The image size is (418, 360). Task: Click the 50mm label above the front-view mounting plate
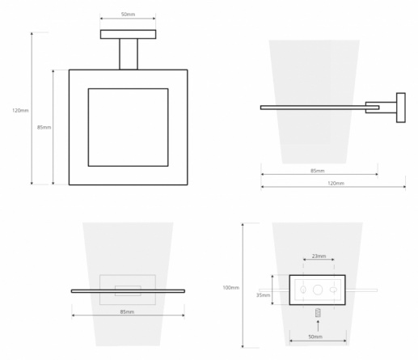click(128, 15)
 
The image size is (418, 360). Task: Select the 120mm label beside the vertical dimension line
click(20, 110)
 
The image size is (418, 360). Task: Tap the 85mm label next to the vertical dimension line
click(44, 127)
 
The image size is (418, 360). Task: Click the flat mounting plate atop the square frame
click(128, 34)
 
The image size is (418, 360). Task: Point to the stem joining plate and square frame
click(129, 54)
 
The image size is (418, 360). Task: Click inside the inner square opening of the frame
click(129, 127)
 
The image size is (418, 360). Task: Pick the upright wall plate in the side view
click(401, 108)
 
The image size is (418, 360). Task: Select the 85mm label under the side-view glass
click(318, 171)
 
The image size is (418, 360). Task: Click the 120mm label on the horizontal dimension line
click(336, 183)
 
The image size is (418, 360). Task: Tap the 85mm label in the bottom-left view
click(127, 311)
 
